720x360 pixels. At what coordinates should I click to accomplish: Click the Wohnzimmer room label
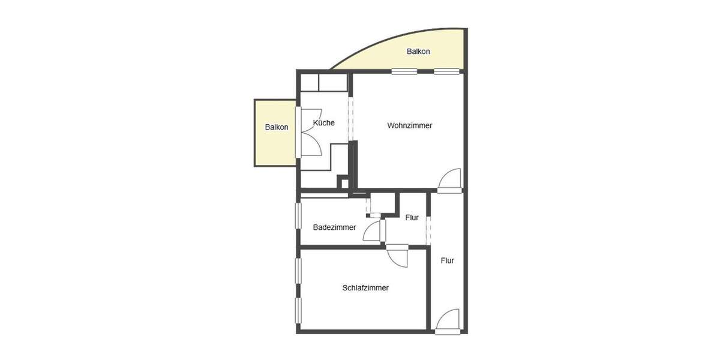pyautogui.click(x=410, y=125)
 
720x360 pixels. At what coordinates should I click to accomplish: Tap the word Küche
pyautogui.click(x=324, y=122)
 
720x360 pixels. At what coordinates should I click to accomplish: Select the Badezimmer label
pyautogui.click(x=334, y=227)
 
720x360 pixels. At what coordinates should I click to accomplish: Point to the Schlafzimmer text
pyautogui.click(x=365, y=287)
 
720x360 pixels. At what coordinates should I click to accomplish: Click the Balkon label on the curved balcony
pyautogui.click(x=418, y=52)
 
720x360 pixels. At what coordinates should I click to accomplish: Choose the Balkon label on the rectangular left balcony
pyautogui.click(x=277, y=127)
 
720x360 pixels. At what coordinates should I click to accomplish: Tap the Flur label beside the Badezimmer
pyautogui.click(x=412, y=218)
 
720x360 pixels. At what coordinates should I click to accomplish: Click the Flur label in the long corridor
pyautogui.click(x=447, y=260)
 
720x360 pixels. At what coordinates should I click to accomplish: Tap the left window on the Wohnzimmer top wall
pyautogui.click(x=404, y=71)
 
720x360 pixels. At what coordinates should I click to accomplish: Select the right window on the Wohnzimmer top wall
pyautogui.click(x=446, y=71)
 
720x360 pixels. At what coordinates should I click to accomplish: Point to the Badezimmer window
pyautogui.click(x=298, y=215)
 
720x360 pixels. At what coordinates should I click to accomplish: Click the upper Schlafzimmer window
pyautogui.click(x=298, y=271)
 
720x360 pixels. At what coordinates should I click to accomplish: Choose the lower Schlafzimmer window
pyautogui.click(x=298, y=311)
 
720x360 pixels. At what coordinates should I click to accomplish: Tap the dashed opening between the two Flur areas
pyautogui.click(x=428, y=229)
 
